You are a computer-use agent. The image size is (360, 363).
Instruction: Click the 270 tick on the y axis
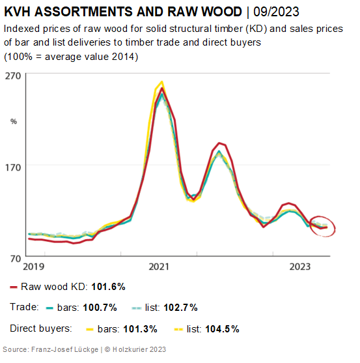(13, 75)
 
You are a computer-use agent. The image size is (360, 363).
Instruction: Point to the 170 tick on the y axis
(13, 166)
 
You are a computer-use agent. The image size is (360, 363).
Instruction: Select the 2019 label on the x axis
(34, 267)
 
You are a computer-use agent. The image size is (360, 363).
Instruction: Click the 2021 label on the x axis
(159, 267)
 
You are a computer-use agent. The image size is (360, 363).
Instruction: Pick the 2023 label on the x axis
(300, 267)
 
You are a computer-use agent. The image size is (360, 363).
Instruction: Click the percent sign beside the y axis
(13, 121)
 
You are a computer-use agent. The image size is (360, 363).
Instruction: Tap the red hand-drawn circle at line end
(322, 225)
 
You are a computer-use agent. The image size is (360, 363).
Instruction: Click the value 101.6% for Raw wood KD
(108, 286)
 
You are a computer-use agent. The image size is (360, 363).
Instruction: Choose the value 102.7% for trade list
(179, 307)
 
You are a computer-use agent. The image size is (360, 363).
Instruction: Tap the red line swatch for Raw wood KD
(13, 286)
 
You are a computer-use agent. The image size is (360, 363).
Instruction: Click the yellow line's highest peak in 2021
(161, 82)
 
